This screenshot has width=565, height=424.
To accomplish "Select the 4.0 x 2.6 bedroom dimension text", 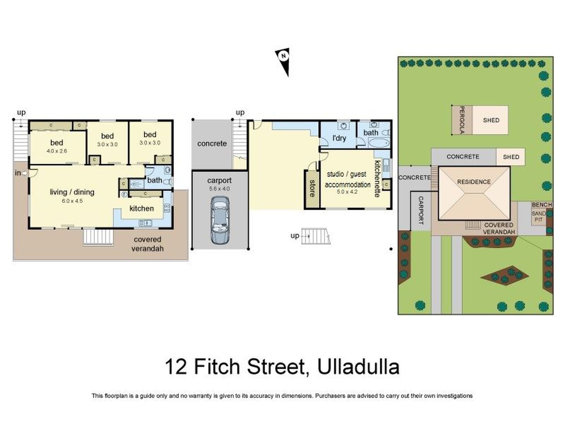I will (x=57, y=151).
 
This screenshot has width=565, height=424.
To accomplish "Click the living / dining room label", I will (x=72, y=192).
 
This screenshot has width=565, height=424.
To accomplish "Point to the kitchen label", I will (x=142, y=209).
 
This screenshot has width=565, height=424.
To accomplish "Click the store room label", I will (x=312, y=189).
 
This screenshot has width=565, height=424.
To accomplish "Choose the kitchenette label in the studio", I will (x=377, y=179).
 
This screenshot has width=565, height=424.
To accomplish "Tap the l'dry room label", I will (x=339, y=138).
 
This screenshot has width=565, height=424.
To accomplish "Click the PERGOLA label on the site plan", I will (x=462, y=120).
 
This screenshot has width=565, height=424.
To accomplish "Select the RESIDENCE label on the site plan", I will (x=474, y=182).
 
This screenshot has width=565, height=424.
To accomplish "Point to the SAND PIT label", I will (x=539, y=217).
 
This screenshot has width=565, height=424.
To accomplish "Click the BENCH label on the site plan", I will (x=542, y=205).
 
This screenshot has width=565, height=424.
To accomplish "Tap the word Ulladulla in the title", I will (x=358, y=367).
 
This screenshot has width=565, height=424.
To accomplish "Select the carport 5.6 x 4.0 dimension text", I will (x=219, y=189).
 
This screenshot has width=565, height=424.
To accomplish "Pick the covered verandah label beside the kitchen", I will (x=147, y=244).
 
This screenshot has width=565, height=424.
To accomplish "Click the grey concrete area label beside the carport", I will (x=212, y=144).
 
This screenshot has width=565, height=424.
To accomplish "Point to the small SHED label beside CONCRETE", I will (x=511, y=157).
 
